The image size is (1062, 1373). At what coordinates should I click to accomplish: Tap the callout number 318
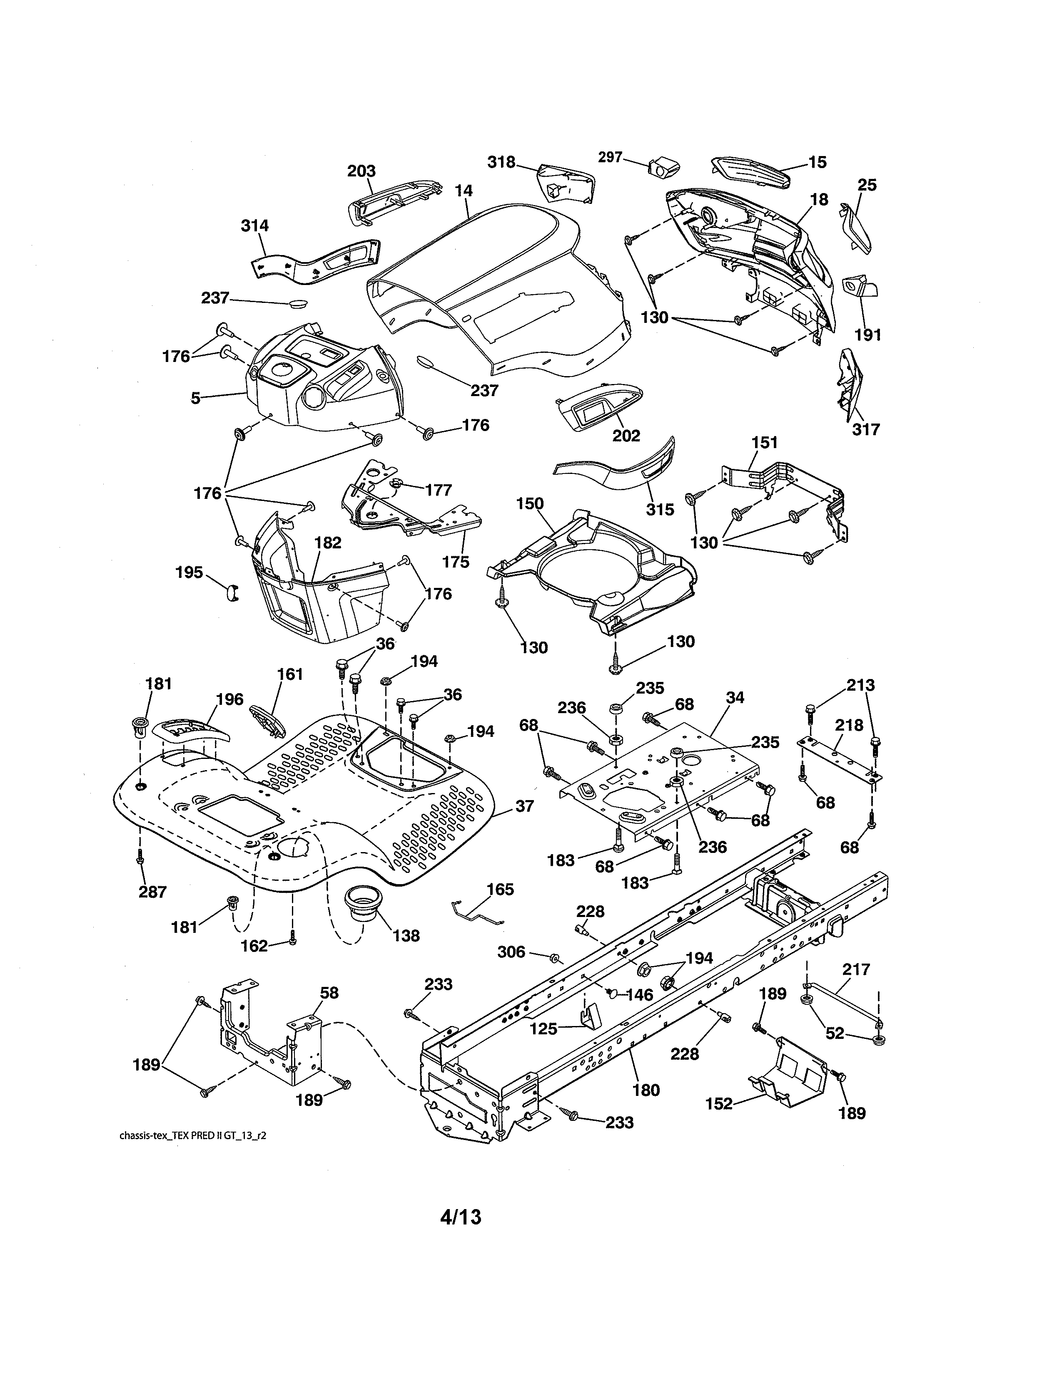coord(501,162)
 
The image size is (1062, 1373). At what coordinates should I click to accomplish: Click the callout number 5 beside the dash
coord(196,398)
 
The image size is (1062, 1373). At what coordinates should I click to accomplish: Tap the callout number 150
coord(530,503)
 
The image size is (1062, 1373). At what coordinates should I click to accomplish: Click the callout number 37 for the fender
coord(525,807)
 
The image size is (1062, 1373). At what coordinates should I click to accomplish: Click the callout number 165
coord(500,890)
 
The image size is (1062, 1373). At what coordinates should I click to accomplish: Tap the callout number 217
coord(856,969)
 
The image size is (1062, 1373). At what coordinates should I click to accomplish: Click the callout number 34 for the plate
coord(735,697)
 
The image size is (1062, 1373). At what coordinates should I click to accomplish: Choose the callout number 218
coord(849,726)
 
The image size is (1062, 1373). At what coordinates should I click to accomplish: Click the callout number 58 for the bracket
coord(329,993)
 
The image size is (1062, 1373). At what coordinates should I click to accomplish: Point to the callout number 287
coord(152,892)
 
